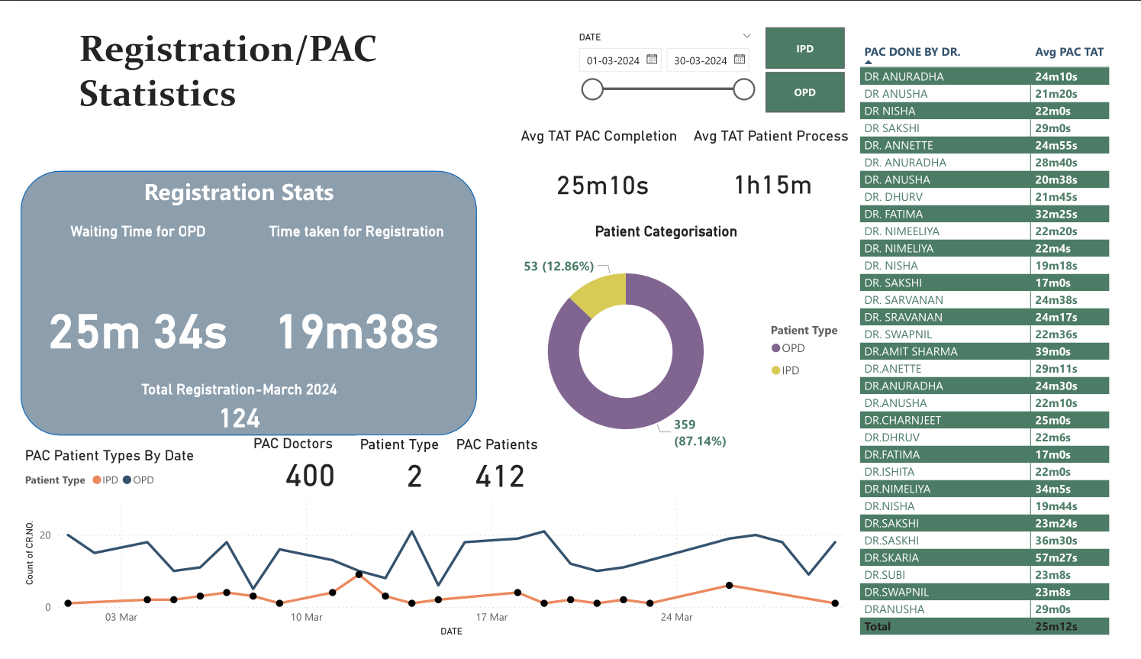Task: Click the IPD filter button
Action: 804,48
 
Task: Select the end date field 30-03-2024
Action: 700,60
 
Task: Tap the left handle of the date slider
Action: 592,89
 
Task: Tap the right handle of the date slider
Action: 744,89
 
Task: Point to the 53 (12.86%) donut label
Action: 559,267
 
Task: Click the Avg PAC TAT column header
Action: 1068,52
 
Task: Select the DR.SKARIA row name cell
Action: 891,557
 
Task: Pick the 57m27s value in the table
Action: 1056,557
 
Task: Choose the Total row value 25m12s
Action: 1056,626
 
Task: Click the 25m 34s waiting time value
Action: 138,332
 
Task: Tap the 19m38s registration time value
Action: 358,332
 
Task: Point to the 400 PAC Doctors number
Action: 310,476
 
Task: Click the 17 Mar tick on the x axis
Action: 492,617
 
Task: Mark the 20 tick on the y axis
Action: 45,535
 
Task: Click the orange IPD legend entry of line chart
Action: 106,480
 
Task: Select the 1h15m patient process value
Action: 772,186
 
